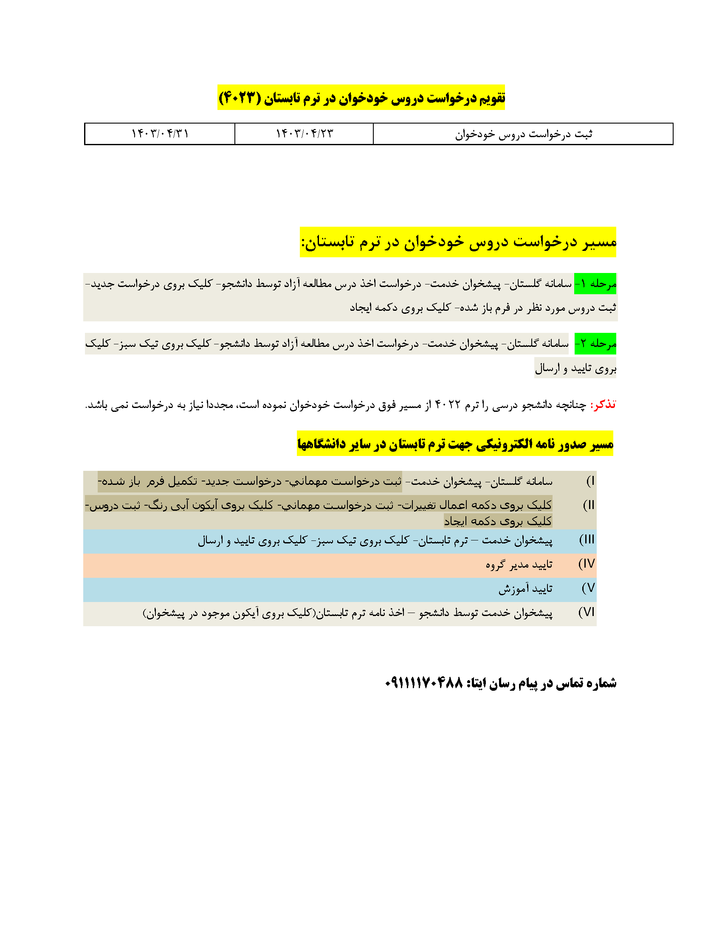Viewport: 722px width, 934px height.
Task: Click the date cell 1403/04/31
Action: [x=160, y=134]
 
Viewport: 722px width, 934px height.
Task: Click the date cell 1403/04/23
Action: [x=304, y=134]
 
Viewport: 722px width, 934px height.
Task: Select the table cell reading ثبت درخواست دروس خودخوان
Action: [x=523, y=134]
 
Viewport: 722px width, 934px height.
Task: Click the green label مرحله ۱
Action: [x=595, y=284]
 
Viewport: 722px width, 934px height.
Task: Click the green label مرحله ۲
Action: [x=595, y=343]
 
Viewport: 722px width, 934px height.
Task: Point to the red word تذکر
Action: [x=603, y=405]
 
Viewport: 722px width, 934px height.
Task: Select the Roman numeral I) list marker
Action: [x=590, y=481]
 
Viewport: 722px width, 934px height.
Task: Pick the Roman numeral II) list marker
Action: [x=589, y=505]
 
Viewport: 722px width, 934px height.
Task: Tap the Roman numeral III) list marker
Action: [x=587, y=539]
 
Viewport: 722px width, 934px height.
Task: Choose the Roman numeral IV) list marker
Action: [x=587, y=564]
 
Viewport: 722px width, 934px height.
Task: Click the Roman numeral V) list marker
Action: [x=589, y=588]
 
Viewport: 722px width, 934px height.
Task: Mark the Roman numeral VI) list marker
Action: [x=587, y=612]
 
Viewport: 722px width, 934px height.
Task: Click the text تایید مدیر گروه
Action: [x=519, y=565]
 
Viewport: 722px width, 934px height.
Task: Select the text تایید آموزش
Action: [x=525, y=589]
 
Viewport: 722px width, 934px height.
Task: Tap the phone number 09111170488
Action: [x=424, y=683]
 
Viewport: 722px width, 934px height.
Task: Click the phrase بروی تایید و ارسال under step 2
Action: [x=575, y=368]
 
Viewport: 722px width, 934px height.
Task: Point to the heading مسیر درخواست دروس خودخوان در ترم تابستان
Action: [x=458, y=242]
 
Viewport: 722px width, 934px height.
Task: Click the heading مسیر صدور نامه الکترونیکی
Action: [x=455, y=444]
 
